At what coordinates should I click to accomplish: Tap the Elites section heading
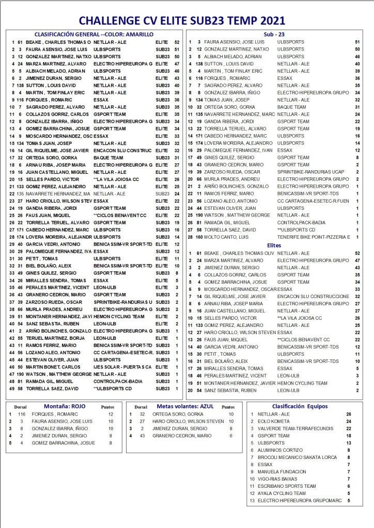pos(274,245)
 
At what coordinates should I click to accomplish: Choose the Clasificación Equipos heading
pos(300,406)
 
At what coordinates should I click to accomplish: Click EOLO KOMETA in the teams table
pos(274,421)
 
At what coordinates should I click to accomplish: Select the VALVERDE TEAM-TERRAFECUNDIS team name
pos(292,428)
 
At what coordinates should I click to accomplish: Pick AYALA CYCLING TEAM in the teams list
pos(279,493)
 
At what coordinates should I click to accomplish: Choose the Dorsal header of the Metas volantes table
pos(141,407)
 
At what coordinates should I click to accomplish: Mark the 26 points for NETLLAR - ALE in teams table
pos(349,414)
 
